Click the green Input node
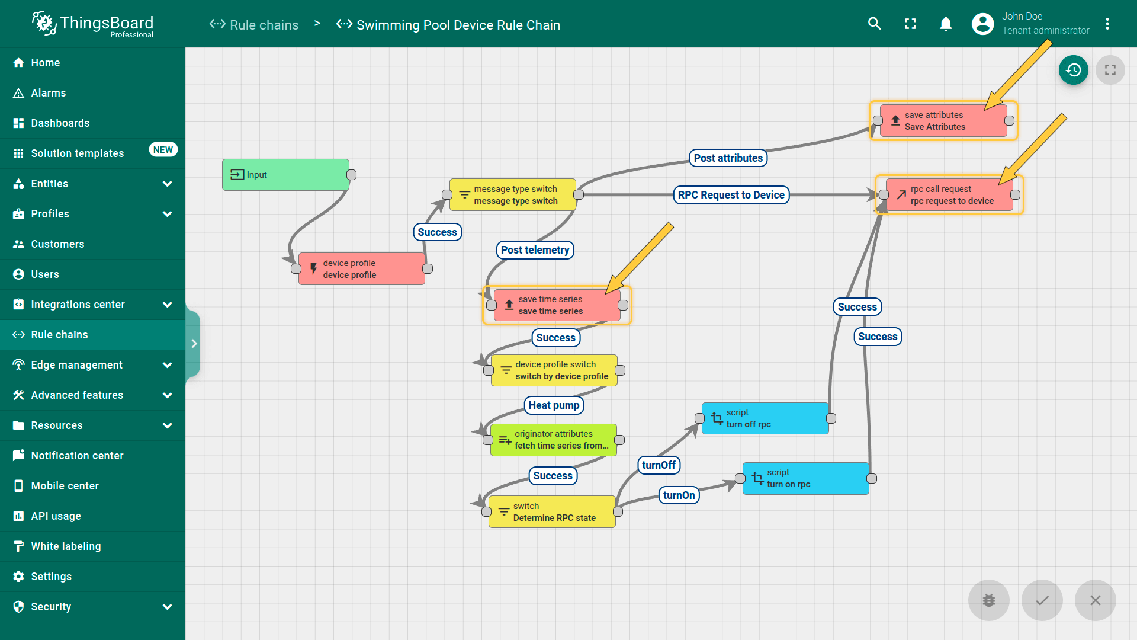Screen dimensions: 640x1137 (285, 175)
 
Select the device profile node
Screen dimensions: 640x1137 (361, 269)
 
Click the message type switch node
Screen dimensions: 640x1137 (512, 195)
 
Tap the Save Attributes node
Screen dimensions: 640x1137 (943, 121)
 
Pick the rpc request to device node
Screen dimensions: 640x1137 (949, 195)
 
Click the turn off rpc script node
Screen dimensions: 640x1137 (765, 418)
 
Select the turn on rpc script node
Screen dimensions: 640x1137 (805, 478)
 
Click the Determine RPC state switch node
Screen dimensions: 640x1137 (551, 512)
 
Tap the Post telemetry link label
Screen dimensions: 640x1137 (535, 250)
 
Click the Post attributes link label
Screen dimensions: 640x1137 (728, 158)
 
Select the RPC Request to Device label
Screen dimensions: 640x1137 (731, 195)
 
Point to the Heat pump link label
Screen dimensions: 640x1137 (554, 405)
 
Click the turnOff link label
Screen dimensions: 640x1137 (659, 465)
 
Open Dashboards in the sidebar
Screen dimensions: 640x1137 (60, 123)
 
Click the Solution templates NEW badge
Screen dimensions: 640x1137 (163, 150)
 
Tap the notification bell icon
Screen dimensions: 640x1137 (946, 24)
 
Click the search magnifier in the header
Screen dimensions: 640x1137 (874, 24)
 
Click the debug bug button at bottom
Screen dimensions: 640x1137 (988, 600)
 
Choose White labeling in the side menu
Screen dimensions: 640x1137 (66, 546)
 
